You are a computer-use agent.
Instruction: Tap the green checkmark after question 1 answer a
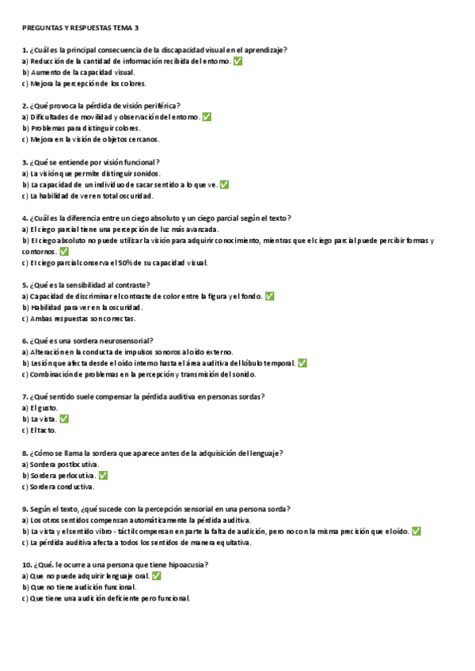[238, 61]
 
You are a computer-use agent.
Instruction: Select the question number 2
[25, 105]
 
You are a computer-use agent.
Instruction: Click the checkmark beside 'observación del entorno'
[207, 117]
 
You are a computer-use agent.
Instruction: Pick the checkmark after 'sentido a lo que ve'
[224, 184]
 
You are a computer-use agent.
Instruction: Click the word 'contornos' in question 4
[39, 251]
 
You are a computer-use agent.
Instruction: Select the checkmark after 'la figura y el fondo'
[270, 296]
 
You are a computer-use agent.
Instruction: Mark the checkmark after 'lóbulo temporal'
[302, 363]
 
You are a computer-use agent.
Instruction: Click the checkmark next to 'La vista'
[64, 419]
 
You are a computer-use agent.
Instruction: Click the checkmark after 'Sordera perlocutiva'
[103, 476]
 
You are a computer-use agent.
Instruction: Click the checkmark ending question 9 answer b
[416, 532]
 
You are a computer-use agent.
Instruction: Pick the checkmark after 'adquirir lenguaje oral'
[156, 576]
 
